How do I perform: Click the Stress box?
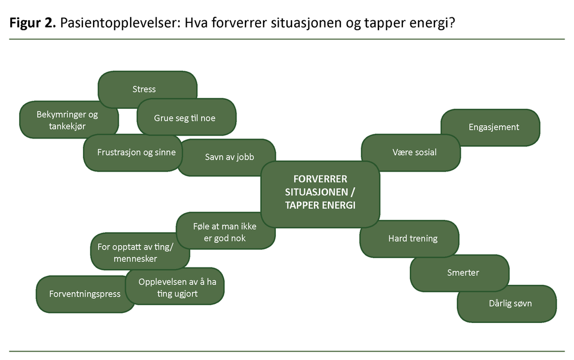click(145, 89)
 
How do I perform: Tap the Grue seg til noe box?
click(185, 118)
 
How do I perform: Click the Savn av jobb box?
click(229, 156)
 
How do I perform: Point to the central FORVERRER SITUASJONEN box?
click(320, 192)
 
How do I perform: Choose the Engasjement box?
click(493, 127)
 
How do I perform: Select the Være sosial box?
click(414, 152)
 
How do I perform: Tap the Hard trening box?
click(413, 238)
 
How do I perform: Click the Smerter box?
click(463, 273)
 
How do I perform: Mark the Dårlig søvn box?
click(510, 303)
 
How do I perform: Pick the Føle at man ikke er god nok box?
click(224, 232)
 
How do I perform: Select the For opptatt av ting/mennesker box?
click(136, 253)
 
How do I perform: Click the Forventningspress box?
click(84, 294)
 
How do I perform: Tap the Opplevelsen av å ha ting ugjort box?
click(177, 288)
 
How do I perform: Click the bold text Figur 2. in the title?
click(31, 24)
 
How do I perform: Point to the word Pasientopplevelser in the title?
click(117, 24)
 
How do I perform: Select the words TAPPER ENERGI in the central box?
click(320, 205)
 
